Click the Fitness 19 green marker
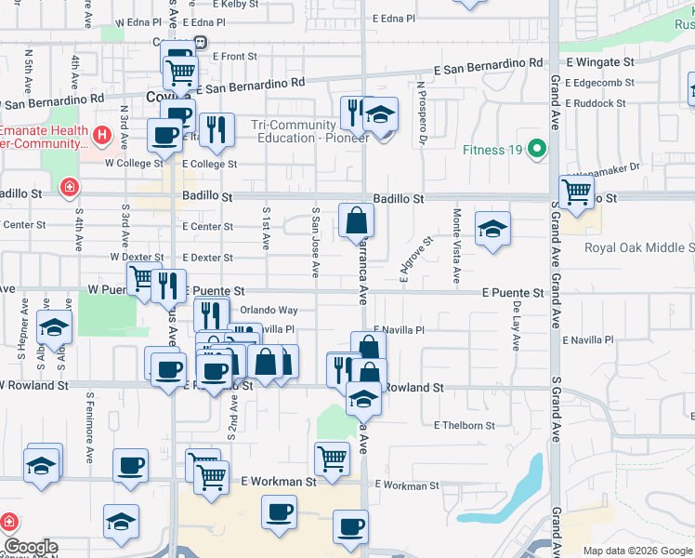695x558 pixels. click(x=536, y=149)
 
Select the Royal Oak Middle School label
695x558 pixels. click(x=639, y=247)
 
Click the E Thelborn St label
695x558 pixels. click(x=465, y=425)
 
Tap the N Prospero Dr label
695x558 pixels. click(x=421, y=113)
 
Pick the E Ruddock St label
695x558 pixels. click(x=596, y=103)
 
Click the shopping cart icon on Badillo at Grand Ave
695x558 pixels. click(x=577, y=192)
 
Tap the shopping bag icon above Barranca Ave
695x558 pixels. click(x=356, y=220)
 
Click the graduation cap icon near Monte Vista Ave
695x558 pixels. click(x=492, y=229)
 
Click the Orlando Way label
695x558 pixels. click(x=269, y=310)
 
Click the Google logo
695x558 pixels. click(x=31, y=547)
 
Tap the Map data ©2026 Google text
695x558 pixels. click(x=636, y=551)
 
